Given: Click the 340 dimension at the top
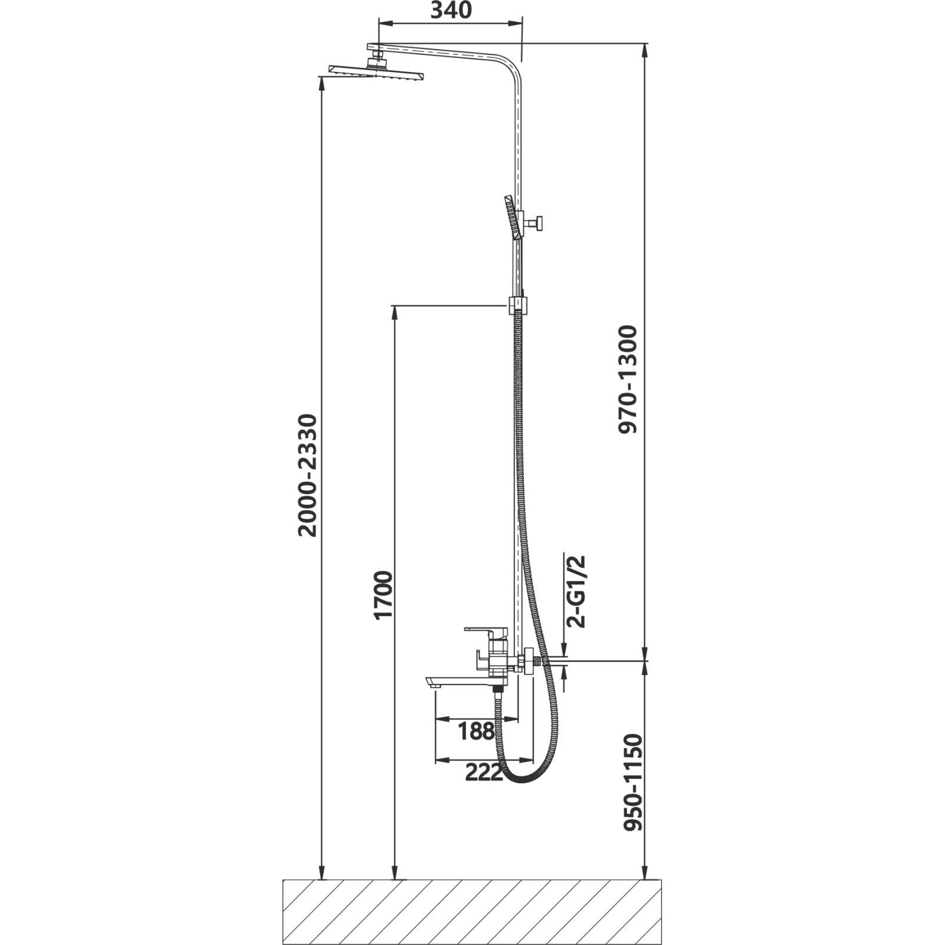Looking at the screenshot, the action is point(451,10).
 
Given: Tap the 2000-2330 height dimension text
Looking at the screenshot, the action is point(308,475).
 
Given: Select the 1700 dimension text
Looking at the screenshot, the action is point(383,595).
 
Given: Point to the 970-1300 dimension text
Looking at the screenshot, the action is point(628,379).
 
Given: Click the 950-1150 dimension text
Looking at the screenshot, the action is point(632,782).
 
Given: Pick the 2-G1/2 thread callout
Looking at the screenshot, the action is point(576,591).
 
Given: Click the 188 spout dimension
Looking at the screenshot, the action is point(477,731).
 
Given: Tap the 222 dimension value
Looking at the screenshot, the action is point(484,771).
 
